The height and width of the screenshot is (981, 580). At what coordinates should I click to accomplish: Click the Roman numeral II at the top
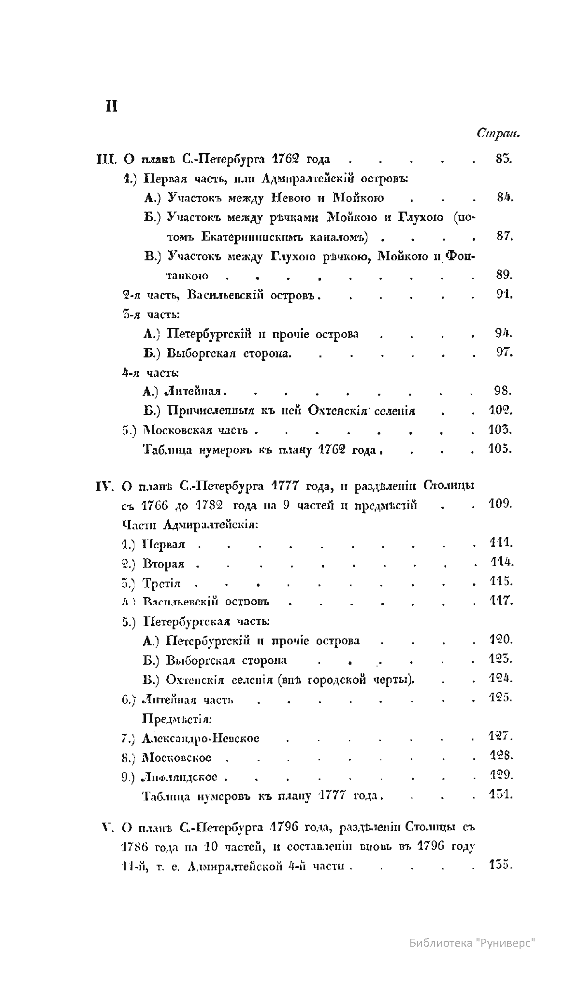coord(112,106)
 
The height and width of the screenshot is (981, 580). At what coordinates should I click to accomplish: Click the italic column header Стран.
coord(498,133)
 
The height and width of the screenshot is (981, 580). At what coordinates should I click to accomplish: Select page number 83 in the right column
coord(504,159)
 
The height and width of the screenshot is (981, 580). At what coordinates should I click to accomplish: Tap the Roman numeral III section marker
coord(105,159)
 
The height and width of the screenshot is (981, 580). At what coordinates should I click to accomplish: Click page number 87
coord(504,237)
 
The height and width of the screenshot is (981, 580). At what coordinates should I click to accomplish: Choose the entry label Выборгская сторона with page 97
coord(229,353)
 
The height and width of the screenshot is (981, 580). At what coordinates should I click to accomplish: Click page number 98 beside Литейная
coord(504,391)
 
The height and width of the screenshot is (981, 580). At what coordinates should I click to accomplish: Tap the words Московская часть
coord(195,430)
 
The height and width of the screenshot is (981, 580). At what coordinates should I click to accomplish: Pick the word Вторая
coord(164,564)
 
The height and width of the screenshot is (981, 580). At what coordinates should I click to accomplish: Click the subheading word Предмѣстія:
coord(176,719)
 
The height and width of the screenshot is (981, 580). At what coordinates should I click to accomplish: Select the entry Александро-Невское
coord(201,739)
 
